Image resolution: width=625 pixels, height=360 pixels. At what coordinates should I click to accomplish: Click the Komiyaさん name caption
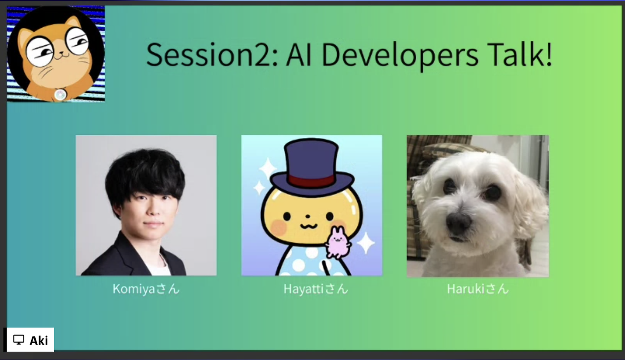(x=146, y=289)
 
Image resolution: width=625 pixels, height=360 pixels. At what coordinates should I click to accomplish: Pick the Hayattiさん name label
(x=316, y=289)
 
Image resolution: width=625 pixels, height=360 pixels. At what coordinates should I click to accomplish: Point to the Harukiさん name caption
(x=478, y=289)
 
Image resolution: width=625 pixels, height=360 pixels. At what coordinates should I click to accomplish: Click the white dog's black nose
(x=458, y=222)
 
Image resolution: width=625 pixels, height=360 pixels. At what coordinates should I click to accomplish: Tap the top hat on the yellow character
(x=312, y=167)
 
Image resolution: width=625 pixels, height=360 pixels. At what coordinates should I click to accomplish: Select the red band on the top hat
(x=311, y=181)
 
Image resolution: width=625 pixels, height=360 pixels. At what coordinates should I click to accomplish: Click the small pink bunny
(x=338, y=242)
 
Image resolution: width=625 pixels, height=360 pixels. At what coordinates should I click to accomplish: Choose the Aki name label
(x=39, y=340)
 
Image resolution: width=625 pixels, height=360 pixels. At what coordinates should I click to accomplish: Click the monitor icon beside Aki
(x=19, y=340)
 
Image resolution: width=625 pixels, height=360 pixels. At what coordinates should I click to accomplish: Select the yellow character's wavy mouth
(x=308, y=226)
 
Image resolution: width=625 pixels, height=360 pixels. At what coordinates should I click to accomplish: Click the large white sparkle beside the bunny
(x=366, y=243)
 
